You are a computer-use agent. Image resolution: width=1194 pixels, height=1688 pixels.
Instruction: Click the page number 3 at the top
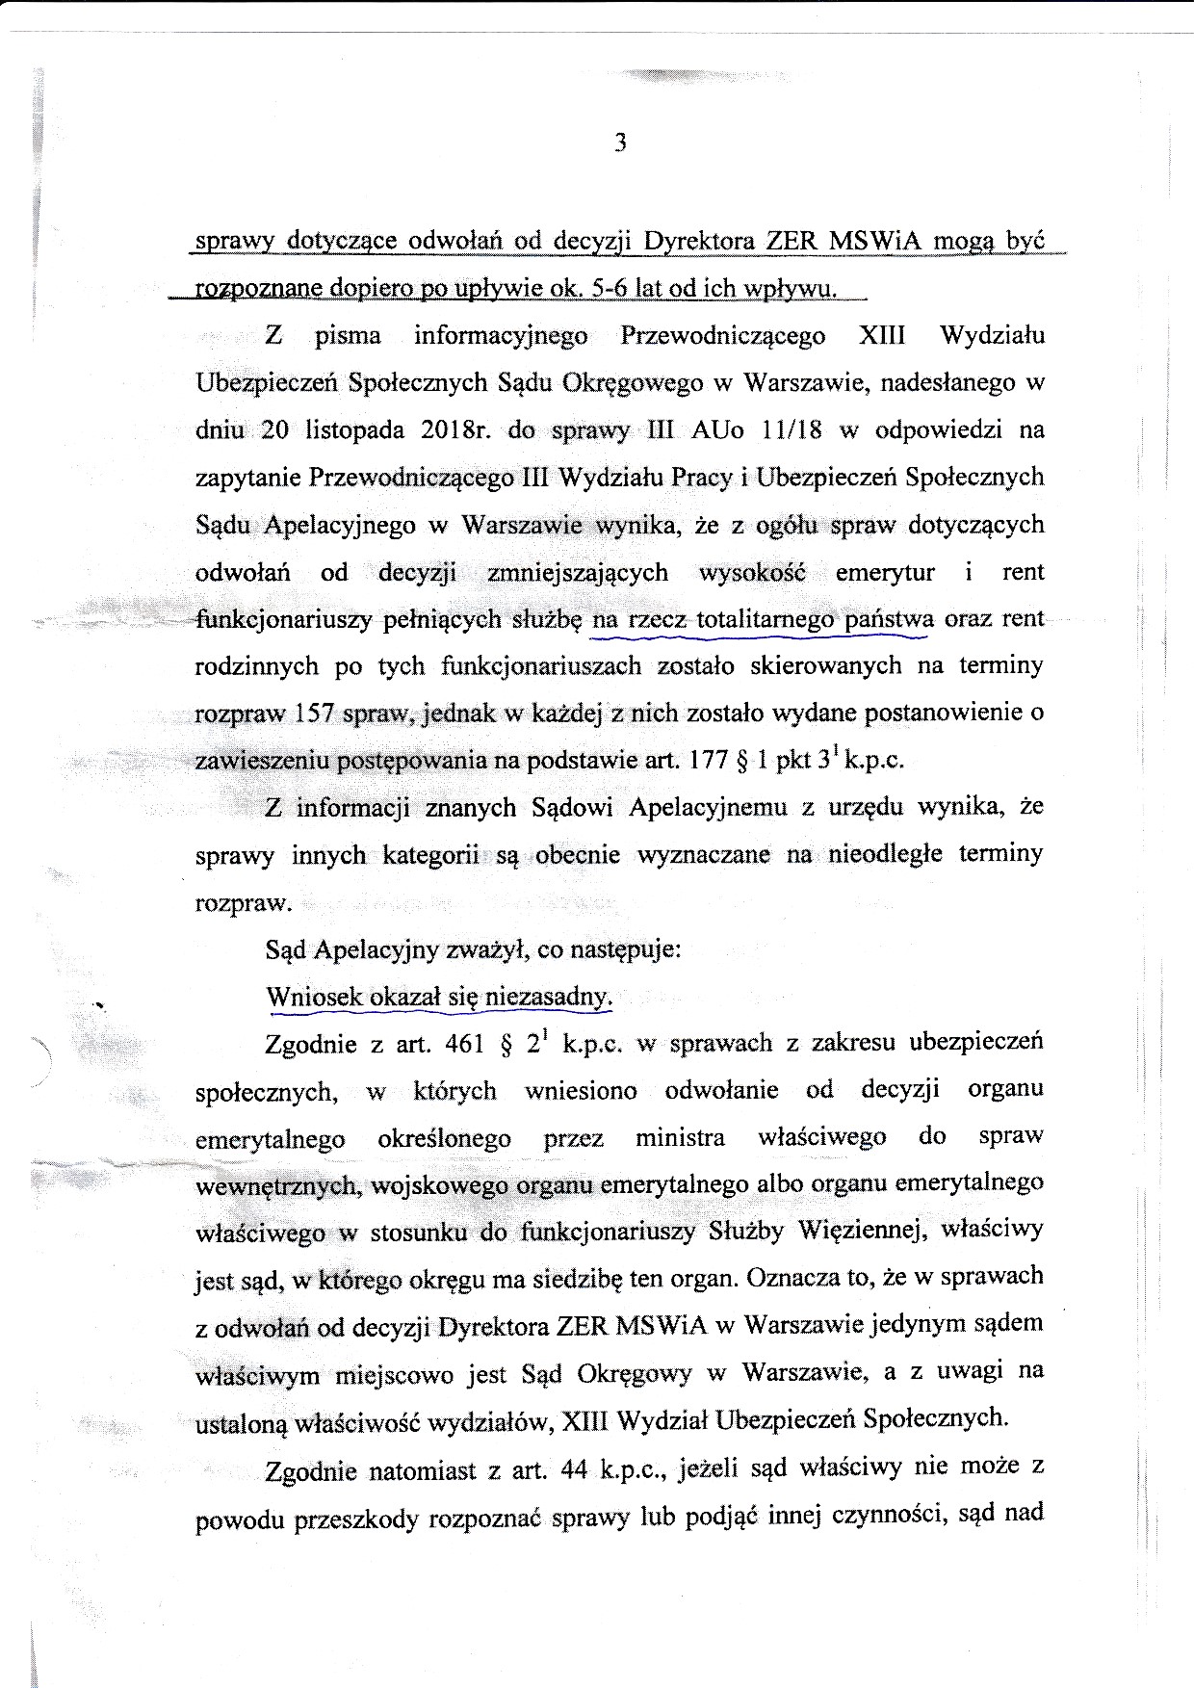(620, 143)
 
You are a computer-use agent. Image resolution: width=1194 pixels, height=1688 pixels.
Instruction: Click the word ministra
(680, 1137)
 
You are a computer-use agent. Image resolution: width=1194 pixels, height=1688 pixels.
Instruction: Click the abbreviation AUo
(718, 429)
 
